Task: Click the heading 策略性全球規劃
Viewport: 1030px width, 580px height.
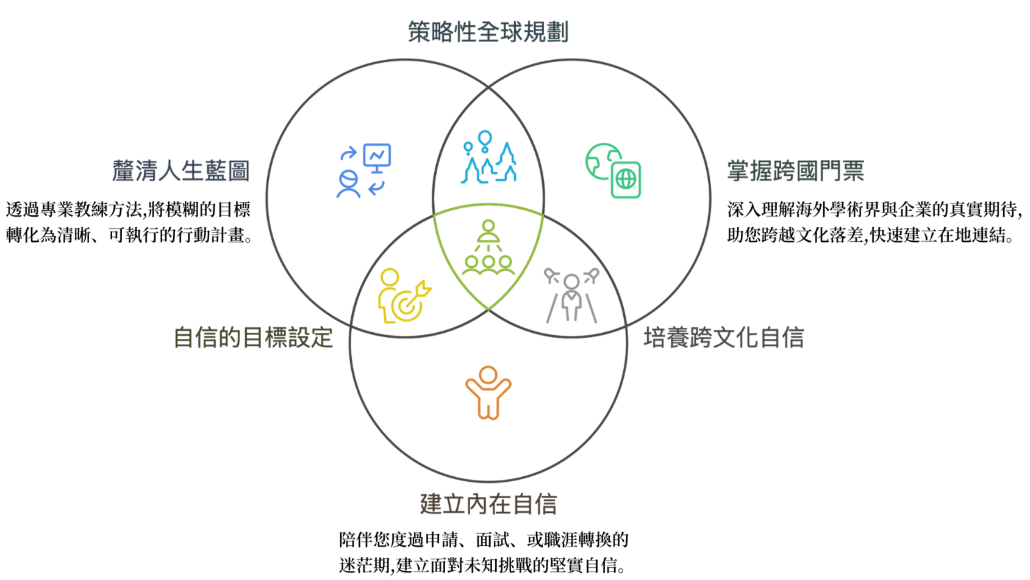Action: tap(488, 32)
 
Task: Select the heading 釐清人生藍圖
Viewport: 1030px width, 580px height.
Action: tap(181, 171)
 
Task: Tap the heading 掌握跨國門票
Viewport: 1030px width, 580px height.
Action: tap(795, 171)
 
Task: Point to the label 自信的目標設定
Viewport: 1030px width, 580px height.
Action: tap(253, 338)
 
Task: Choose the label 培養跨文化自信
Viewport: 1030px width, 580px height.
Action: tap(724, 338)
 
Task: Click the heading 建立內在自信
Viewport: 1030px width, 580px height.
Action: tap(488, 504)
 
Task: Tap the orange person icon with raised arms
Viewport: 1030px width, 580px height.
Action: tap(488, 393)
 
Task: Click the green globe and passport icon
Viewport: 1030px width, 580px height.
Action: tap(613, 171)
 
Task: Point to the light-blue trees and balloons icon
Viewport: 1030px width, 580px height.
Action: tap(488, 158)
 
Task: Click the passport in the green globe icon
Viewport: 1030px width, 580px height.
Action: tap(626, 179)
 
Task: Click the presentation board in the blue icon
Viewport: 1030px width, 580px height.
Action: tap(377, 156)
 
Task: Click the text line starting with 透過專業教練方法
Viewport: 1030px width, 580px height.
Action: tap(128, 210)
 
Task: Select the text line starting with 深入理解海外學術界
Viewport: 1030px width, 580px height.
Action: tap(874, 210)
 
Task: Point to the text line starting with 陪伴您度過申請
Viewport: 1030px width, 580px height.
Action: tap(484, 540)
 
